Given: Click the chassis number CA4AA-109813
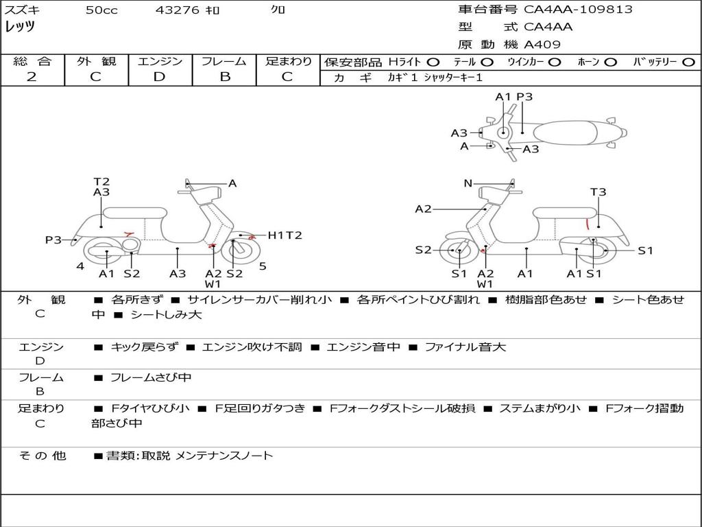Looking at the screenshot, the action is click(578, 9).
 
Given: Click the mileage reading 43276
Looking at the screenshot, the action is click(177, 10).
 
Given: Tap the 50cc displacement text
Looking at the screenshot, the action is click(101, 10).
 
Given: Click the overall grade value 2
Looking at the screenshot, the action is click(32, 77).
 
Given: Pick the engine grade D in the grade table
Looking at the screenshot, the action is click(159, 77).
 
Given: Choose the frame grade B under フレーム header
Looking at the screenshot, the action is click(225, 77).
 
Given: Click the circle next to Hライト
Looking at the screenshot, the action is click(433, 62).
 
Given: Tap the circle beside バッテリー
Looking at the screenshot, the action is click(688, 62).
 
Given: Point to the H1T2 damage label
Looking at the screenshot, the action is click(285, 235).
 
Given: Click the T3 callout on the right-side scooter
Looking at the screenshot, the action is click(598, 192).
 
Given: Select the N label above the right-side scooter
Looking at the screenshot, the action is click(468, 183).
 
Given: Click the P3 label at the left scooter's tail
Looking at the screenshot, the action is click(53, 240).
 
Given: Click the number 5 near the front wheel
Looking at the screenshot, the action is click(263, 266).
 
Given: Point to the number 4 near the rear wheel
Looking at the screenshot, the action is click(80, 266).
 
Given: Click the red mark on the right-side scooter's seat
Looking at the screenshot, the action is click(588, 224).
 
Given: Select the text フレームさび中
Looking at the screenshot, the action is click(151, 378).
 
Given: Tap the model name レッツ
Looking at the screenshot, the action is click(20, 27).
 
